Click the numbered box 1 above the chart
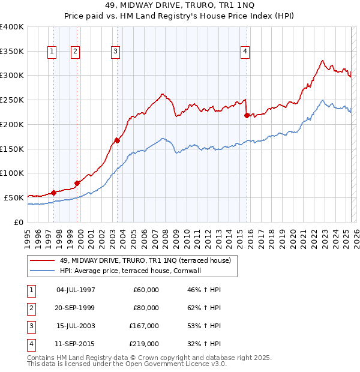point(53,52)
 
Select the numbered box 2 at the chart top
point(75,52)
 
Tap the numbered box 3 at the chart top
point(115,52)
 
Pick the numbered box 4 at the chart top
point(245,52)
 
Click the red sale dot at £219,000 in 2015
point(247,115)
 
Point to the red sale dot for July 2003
point(117,140)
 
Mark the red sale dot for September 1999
point(77,183)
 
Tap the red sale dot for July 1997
point(53,193)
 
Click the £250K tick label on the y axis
point(12,100)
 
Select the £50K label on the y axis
point(14,197)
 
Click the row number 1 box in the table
point(30,290)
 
